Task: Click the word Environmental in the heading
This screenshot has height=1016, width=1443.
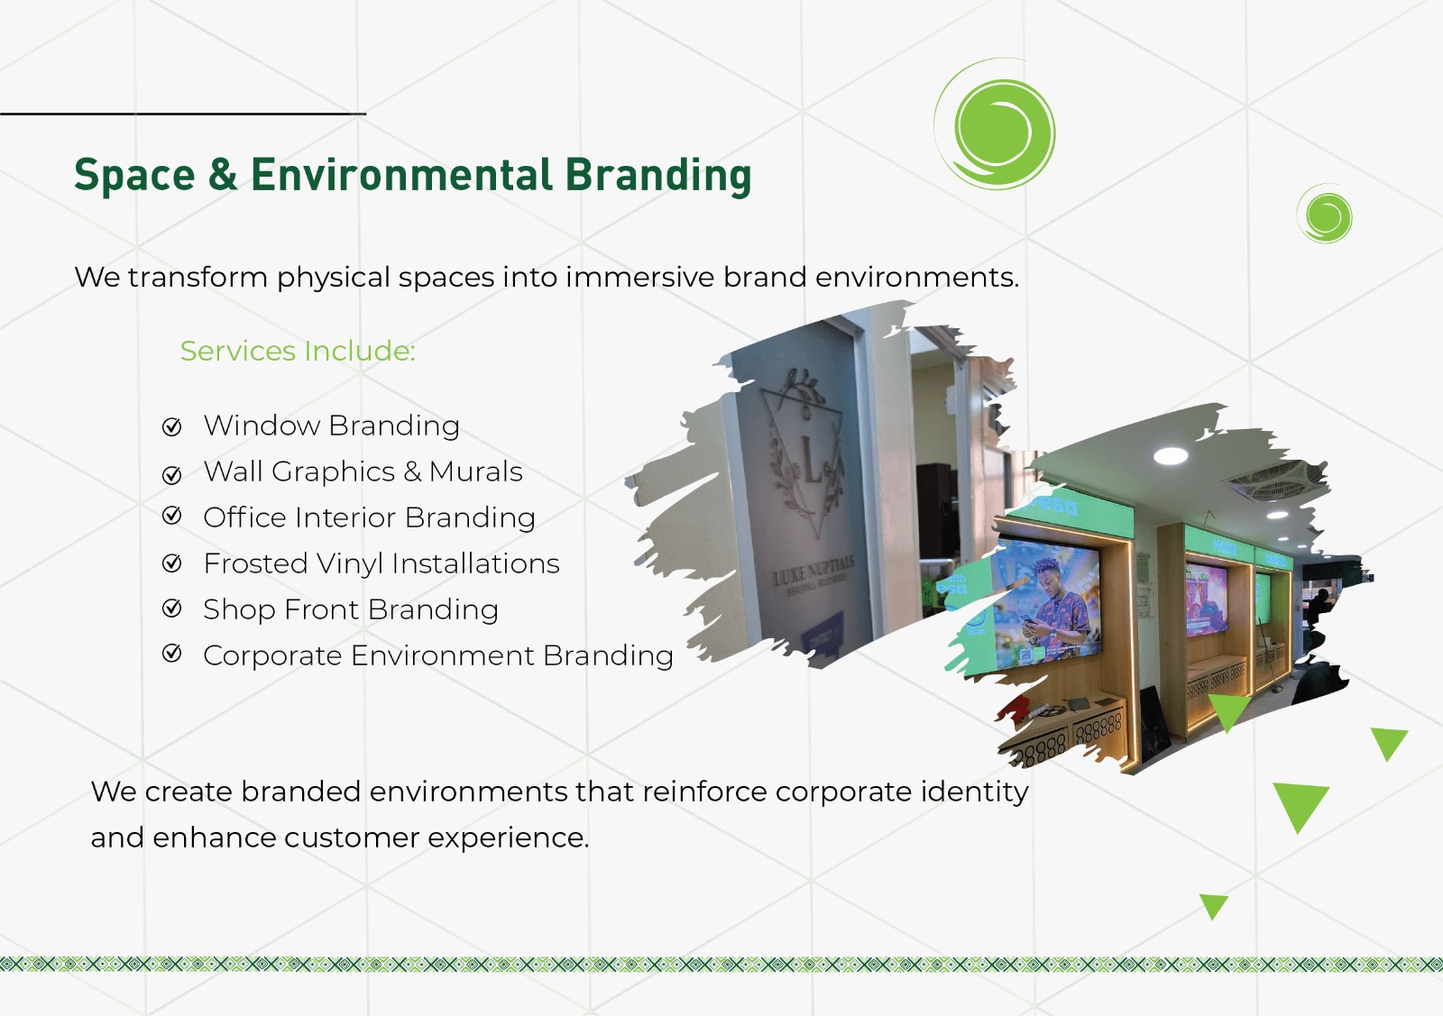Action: (401, 175)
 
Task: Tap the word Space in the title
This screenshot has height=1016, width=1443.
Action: (134, 175)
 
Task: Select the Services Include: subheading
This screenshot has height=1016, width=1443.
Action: (298, 351)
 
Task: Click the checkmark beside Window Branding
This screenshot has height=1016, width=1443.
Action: (172, 426)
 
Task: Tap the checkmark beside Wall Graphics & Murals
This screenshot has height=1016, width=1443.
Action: (172, 474)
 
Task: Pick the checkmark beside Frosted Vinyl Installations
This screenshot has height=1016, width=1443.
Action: (172, 563)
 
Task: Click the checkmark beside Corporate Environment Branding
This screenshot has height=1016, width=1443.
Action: (172, 654)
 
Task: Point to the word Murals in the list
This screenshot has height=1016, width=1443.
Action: (475, 471)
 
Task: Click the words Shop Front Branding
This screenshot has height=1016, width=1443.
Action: (350, 610)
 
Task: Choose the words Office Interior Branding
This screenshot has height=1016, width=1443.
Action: (369, 517)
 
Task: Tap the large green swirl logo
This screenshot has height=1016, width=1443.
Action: (997, 127)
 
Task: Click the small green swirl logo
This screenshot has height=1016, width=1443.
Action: (1326, 215)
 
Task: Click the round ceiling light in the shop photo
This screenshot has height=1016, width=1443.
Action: (1171, 456)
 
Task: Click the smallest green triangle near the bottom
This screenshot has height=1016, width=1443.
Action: (1214, 905)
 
